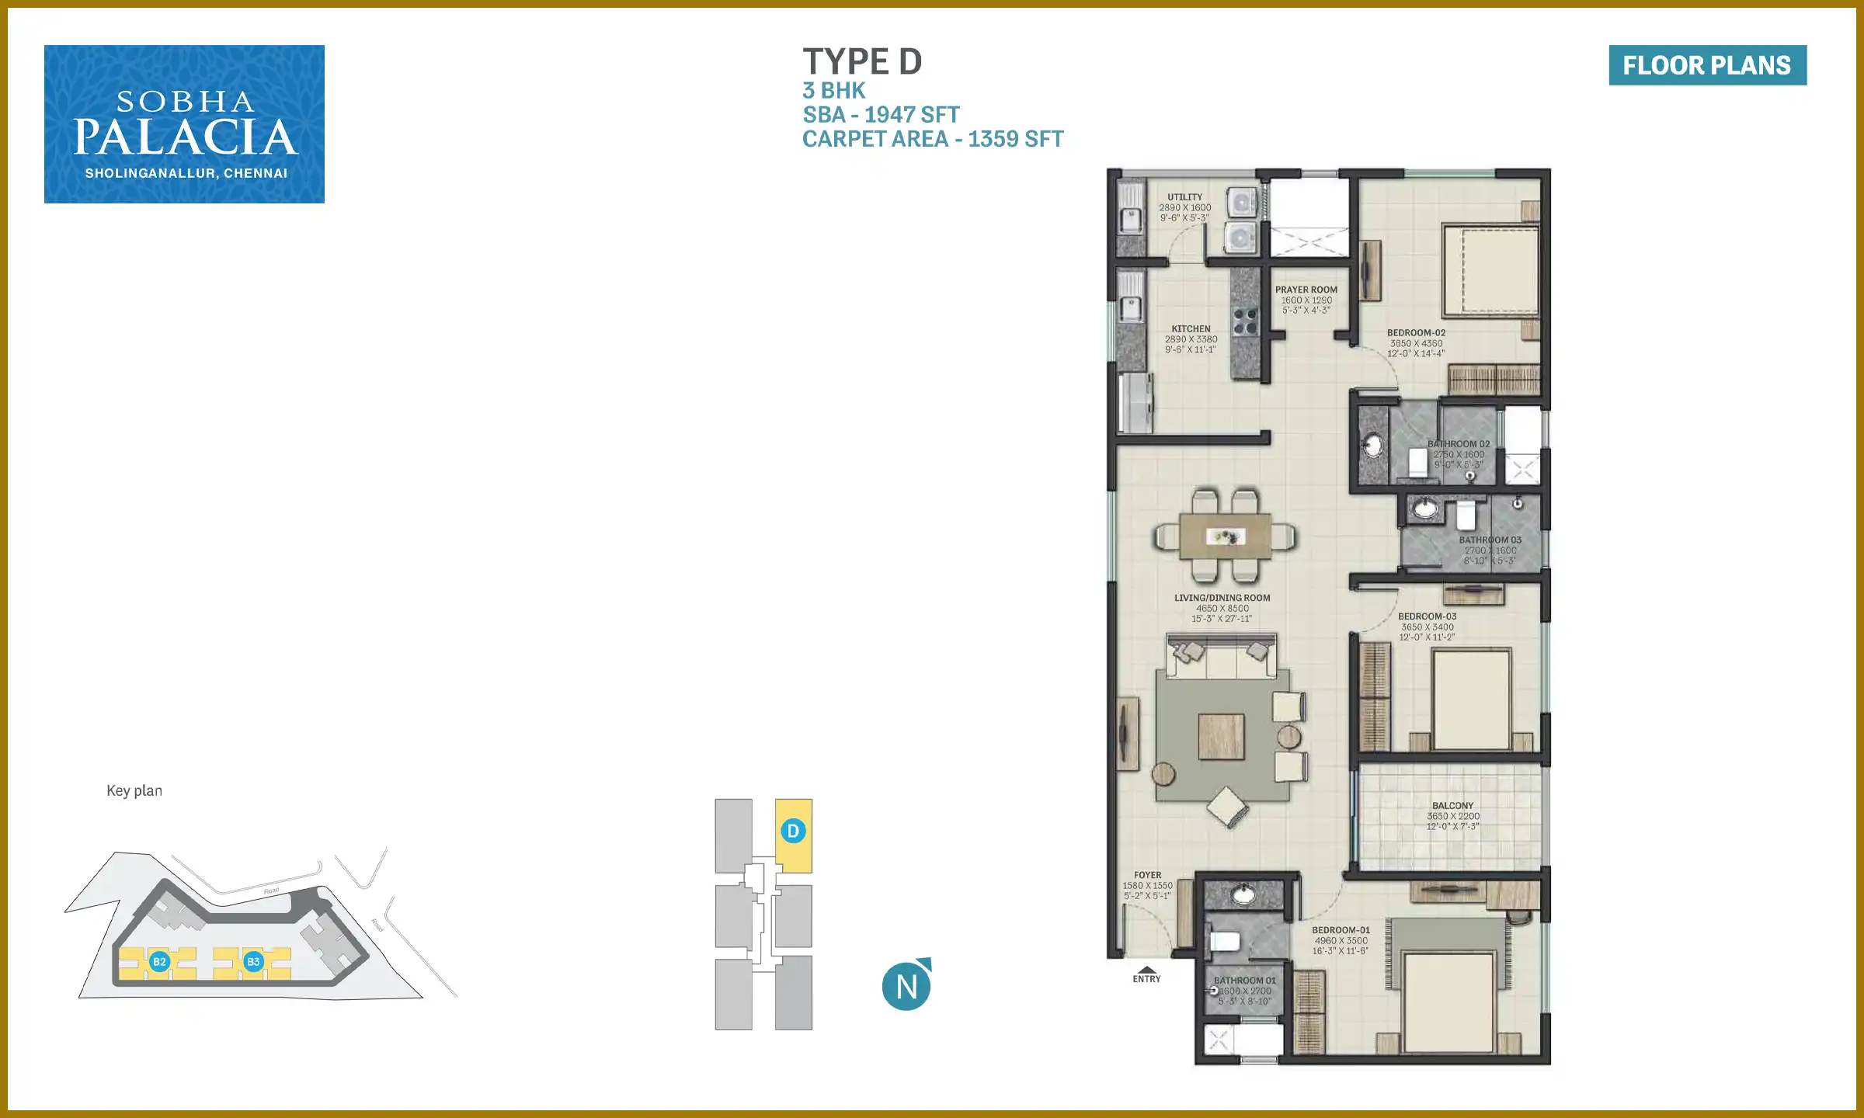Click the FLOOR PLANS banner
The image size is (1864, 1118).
[1707, 65]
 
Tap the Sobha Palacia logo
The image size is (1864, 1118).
[184, 124]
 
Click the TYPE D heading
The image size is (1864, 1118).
[862, 62]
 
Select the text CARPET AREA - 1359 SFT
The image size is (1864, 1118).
[933, 139]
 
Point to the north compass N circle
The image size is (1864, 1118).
[906, 986]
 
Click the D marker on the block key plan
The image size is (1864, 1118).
[793, 831]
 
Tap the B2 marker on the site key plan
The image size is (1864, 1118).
[159, 961]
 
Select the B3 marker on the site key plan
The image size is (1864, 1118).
[253, 961]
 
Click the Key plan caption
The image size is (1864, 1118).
[134, 790]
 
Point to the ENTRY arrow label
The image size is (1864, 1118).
[1146, 975]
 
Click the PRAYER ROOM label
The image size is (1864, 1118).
[1306, 290]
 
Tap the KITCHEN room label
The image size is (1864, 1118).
[1191, 329]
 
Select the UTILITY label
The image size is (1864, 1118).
[1184, 197]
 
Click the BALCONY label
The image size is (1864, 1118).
[1452, 806]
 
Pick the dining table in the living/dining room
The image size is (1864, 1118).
[1226, 536]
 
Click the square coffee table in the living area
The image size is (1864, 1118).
[1221, 736]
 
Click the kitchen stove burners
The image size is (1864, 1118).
[1245, 321]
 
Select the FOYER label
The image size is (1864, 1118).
[1147, 875]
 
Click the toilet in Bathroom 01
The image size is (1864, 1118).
[1225, 942]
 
